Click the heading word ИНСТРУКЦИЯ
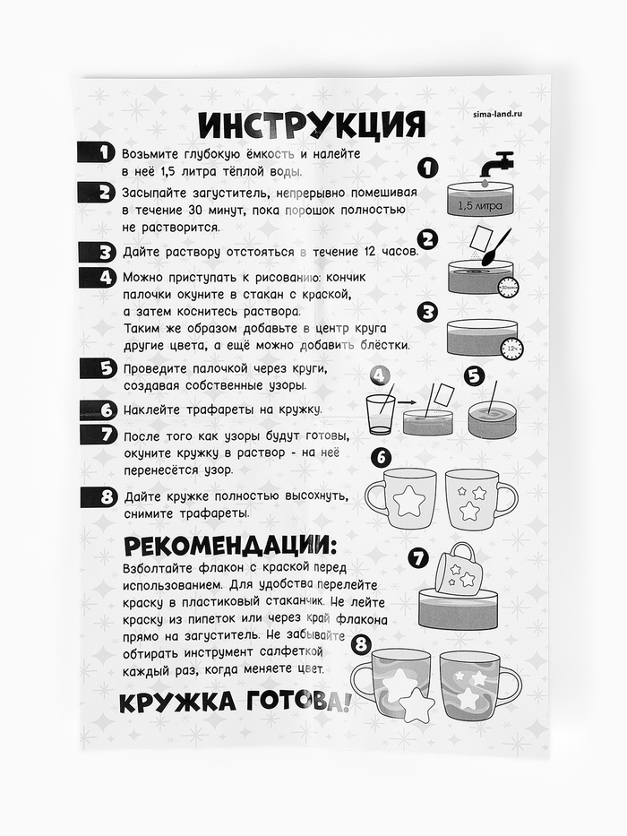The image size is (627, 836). tap(312, 125)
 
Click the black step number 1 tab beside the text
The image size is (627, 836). tap(97, 153)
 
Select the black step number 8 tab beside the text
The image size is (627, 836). tap(99, 497)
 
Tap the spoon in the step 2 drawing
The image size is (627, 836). tap(496, 246)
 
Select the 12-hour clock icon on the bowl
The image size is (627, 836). tap(512, 348)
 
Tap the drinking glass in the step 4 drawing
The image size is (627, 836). tap(381, 415)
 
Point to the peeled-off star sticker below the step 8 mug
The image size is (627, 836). tap(417, 705)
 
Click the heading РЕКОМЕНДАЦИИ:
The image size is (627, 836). tap(230, 547)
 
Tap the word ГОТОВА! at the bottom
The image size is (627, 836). tap(298, 702)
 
